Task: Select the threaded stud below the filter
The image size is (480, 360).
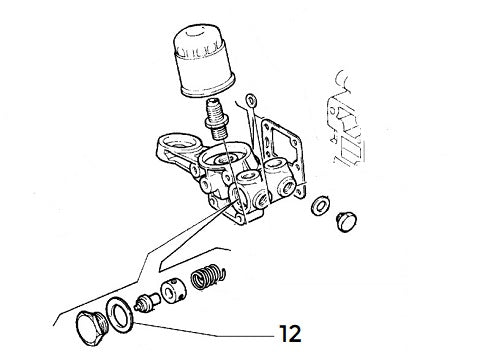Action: click(x=217, y=118)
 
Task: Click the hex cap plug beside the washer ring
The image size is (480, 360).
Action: click(x=94, y=326)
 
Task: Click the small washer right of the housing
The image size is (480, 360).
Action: click(x=321, y=207)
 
